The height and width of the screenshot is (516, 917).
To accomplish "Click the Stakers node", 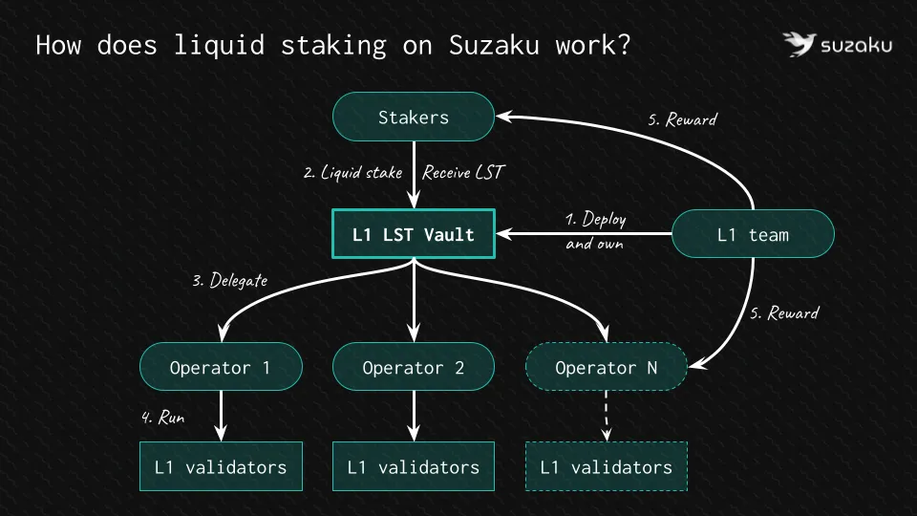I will click(x=413, y=118).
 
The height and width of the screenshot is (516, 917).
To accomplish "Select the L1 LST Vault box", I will click(x=413, y=234).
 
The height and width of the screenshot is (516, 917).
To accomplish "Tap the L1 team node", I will click(x=754, y=234).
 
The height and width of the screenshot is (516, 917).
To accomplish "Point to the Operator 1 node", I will click(x=221, y=368).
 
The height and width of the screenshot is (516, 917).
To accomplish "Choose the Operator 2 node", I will click(x=413, y=368).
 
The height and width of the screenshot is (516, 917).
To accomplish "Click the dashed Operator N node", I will click(x=607, y=368).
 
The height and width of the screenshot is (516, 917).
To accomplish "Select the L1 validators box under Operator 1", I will click(x=221, y=467).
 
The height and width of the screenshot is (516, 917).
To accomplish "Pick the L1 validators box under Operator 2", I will click(x=413, y=467).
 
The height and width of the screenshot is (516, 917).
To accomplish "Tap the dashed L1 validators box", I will click(x=607, y=467).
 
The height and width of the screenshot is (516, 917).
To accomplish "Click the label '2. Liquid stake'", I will click(x=352, y=173).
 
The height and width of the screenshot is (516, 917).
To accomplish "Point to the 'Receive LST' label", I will click(x=462, y=173).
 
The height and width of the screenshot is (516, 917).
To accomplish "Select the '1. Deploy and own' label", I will click(x=595, y=230).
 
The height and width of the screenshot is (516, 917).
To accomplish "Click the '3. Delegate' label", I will click(x=230, y=281).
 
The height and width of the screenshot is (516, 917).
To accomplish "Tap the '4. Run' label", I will click(x=163, y=417).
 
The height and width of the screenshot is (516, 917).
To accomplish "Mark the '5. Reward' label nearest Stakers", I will click(x=682, y=119).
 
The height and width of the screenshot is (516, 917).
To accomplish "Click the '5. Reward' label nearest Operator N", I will click(x=784, y=312).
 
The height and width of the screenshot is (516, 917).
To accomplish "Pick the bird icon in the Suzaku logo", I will click(x=798, y=44).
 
